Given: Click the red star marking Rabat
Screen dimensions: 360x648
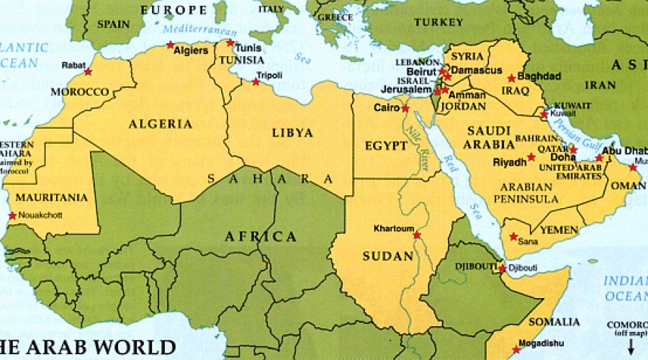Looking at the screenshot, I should coord(88,71).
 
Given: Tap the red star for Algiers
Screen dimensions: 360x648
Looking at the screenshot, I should coord(171,45).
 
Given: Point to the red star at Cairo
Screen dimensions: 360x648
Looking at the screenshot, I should coord(405,109).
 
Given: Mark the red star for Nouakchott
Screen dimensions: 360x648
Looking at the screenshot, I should coord(12,216).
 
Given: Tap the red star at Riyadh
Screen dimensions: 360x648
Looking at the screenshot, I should coord(531,157).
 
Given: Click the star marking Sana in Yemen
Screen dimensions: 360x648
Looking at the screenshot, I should coord(513,236).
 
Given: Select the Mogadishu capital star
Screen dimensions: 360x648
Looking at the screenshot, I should coord(516,350).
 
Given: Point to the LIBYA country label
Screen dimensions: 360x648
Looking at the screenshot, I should coord(292,133).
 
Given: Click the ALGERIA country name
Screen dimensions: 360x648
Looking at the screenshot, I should coord(161,124).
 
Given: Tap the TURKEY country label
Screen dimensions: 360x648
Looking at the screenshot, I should coord(438,22).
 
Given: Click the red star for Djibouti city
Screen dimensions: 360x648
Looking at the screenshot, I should coord(502,269).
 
